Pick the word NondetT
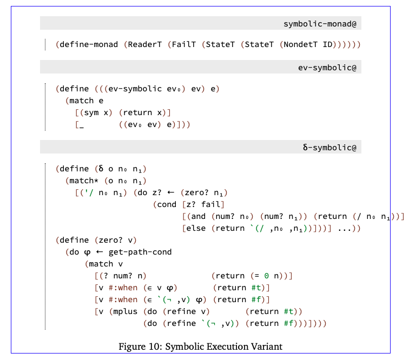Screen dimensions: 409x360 coord(301,44)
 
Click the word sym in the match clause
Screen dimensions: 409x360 coord(91,112)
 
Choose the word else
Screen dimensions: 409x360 coord(197,228)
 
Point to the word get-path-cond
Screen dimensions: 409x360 coord(140,252)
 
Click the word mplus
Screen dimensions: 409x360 coord(126,311)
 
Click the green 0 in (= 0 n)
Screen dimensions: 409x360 coord(267,276)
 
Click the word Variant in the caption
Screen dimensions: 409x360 coord(265,346)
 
